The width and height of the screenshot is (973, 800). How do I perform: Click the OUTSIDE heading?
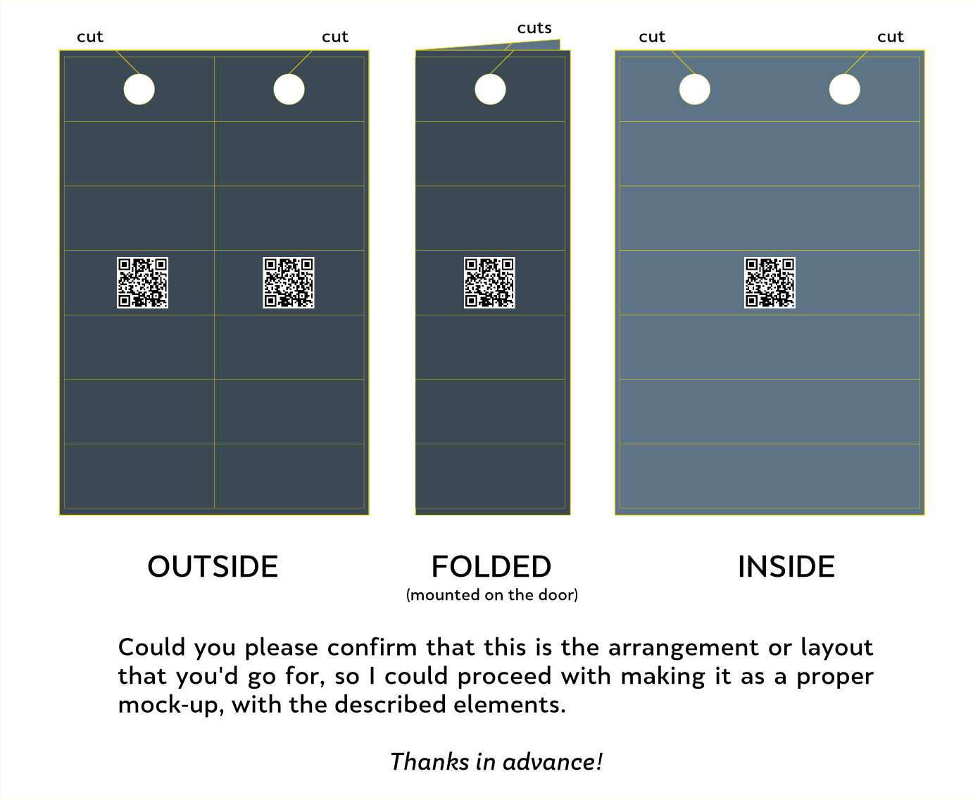point(213,567)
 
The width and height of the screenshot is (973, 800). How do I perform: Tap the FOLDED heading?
point(491,567)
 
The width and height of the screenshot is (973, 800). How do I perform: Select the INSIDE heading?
point(786,567)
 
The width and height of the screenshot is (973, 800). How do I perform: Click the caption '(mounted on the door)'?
point(492,595)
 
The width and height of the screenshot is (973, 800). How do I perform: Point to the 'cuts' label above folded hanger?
point(534,28)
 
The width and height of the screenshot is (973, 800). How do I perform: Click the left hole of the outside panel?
point(139,89)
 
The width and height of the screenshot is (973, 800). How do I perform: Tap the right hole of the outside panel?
point(289,89)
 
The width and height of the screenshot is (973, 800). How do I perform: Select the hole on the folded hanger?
point(490,89)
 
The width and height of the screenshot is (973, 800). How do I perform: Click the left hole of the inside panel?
point(694,89)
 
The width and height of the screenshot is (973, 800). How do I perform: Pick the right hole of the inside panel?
point(844,89)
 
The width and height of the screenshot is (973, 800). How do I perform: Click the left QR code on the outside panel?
point(142,282)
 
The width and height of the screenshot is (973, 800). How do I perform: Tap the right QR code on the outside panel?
point(289,282)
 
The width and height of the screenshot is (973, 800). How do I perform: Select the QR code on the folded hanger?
point(489,282)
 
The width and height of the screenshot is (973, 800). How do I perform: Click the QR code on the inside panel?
point(770,282)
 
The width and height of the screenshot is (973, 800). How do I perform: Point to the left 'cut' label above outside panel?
point(90,37)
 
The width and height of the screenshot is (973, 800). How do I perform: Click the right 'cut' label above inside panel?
point(891,37)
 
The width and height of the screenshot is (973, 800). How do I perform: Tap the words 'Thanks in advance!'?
point(496,761)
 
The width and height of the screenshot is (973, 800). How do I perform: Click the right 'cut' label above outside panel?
point(335,37)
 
